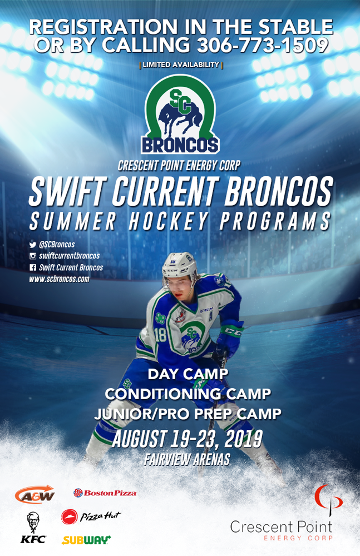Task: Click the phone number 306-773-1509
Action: (263, 46)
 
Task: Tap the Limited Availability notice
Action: (181, 65)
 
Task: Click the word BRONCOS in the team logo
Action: (180, 145)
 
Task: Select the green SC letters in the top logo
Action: (181, 101)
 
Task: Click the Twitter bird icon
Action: (33, 245)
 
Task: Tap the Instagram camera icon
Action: (33, 256)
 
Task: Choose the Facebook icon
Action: (33, 268)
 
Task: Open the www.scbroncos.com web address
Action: (60, 279)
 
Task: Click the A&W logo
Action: (35, 494)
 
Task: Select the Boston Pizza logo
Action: (105, 493)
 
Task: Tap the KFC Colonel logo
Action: (33, 527)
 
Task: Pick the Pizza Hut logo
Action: (91, 517)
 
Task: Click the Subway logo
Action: (86, 540)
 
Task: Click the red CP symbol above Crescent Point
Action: (328, 499)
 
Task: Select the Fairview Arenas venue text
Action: (187, 460)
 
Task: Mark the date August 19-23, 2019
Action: (187, 439)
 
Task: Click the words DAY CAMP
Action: (188, 374)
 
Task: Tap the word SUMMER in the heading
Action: (72, 221)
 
